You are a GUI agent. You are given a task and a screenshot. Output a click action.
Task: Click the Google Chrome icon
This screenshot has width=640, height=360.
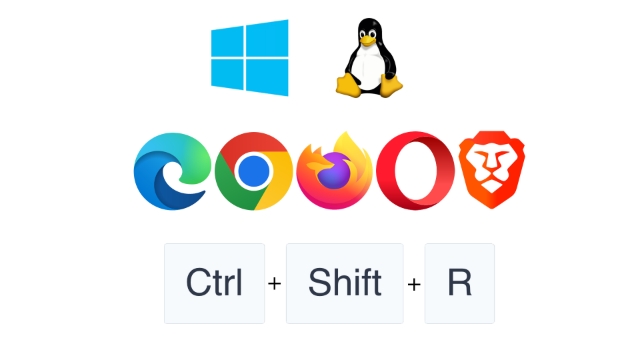coord(254,171)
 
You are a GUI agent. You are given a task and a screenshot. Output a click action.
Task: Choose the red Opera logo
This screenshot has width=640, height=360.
coord(415,171)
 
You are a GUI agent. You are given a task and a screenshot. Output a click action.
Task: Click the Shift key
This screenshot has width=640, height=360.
coord(344,283)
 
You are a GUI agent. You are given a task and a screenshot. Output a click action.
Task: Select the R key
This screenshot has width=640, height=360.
coord(459,283)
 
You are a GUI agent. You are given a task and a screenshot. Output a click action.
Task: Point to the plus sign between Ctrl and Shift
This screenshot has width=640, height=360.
coord(275,284)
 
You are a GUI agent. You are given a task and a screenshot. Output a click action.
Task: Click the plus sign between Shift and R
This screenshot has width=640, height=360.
coord(414,284)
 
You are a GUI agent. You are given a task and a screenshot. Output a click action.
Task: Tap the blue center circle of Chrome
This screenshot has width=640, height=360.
coord(254,172)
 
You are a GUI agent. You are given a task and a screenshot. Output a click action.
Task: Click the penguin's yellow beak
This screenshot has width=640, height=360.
coord(368,40)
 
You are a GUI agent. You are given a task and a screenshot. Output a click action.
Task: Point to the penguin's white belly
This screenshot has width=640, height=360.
coord(369,70)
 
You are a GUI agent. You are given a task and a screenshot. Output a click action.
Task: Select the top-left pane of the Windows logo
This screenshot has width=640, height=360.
coord(230,40)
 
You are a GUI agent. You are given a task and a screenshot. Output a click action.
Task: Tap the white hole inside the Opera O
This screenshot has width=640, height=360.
coord(415,171)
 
